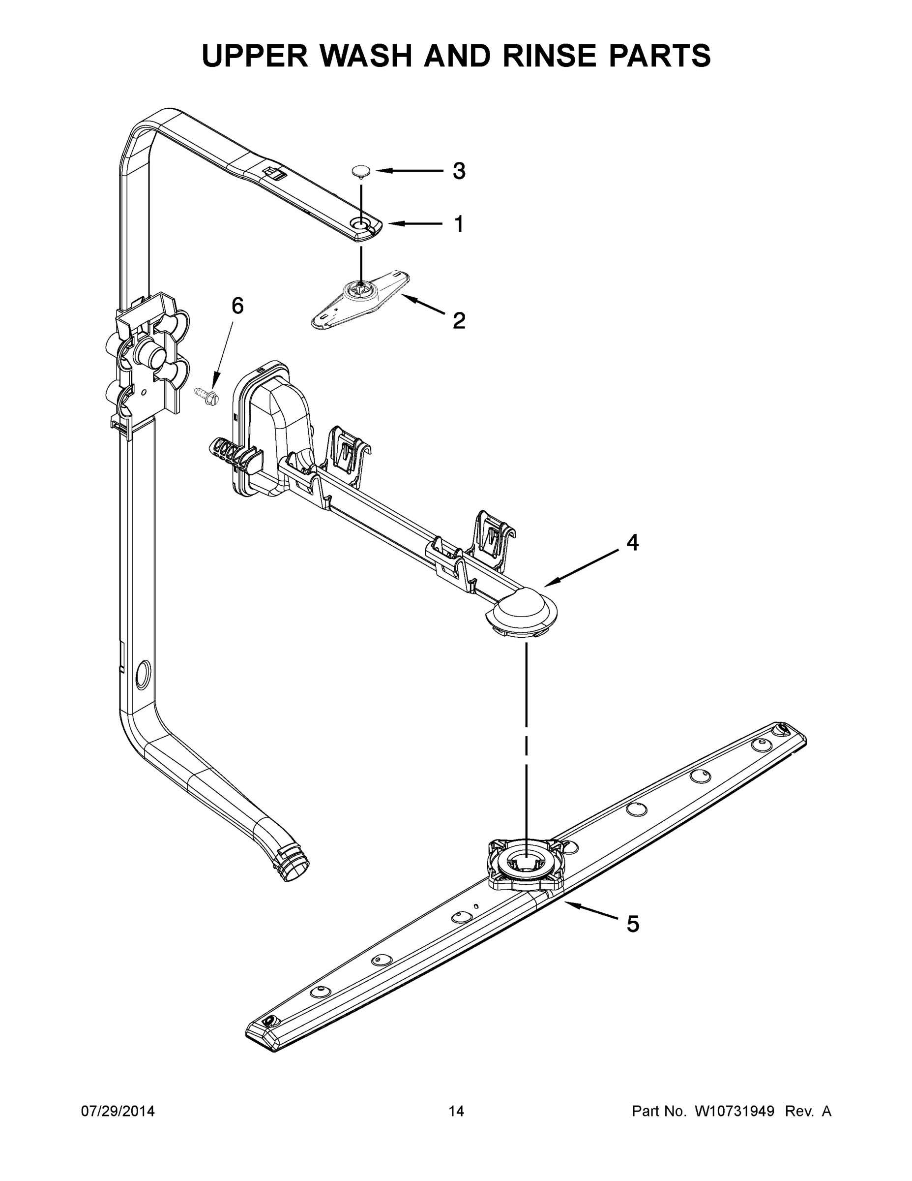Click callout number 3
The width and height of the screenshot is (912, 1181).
tap(458, 171)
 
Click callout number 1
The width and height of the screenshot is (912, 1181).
tap(458, 224)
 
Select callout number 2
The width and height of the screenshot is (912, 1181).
tap(458, 321)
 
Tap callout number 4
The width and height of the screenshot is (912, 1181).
tap(632, 542)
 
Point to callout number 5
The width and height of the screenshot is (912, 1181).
tap(633, 924)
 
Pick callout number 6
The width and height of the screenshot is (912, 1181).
tap(237, 306)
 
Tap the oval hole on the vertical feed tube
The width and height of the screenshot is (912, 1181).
tap(143, 674)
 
